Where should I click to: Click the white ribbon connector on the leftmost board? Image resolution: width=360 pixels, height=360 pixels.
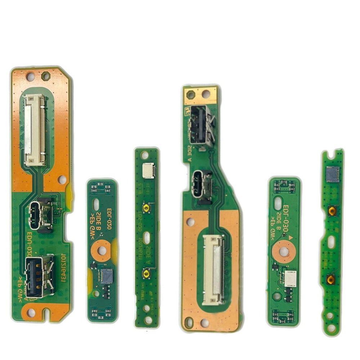[x=35, y=130]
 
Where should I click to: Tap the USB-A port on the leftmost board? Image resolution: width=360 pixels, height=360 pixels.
[x=40, y=276]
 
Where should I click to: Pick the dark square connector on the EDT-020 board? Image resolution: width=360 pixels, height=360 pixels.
[x=107, y=276]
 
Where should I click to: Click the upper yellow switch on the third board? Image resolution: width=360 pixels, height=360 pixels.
[x=146, y=208]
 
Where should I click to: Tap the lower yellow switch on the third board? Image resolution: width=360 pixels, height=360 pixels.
[x=146, y=274]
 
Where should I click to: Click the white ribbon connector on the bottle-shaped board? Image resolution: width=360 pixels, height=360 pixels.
[x=214, y=269]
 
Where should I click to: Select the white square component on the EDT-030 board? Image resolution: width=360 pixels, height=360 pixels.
[x=290, y=279]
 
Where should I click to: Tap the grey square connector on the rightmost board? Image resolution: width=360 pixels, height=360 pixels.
[x=332, y=174]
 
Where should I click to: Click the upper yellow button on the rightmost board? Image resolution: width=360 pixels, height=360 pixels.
[x=332, y=211]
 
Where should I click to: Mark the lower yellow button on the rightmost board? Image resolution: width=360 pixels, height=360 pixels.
[x=331, y=279]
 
